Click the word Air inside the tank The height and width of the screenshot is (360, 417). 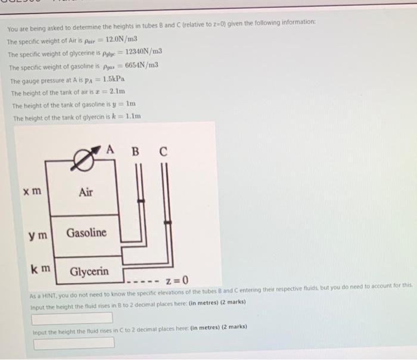(x=86, y=192)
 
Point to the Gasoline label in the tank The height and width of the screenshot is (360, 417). (x=86, y=232)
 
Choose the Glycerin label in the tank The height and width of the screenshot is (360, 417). (x=89, y=272)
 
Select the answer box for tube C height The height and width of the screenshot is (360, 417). (x=74, y=343)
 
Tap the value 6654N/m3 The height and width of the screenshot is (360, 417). (x=141, y=64)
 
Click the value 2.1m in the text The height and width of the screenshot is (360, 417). (x=117, y=91)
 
